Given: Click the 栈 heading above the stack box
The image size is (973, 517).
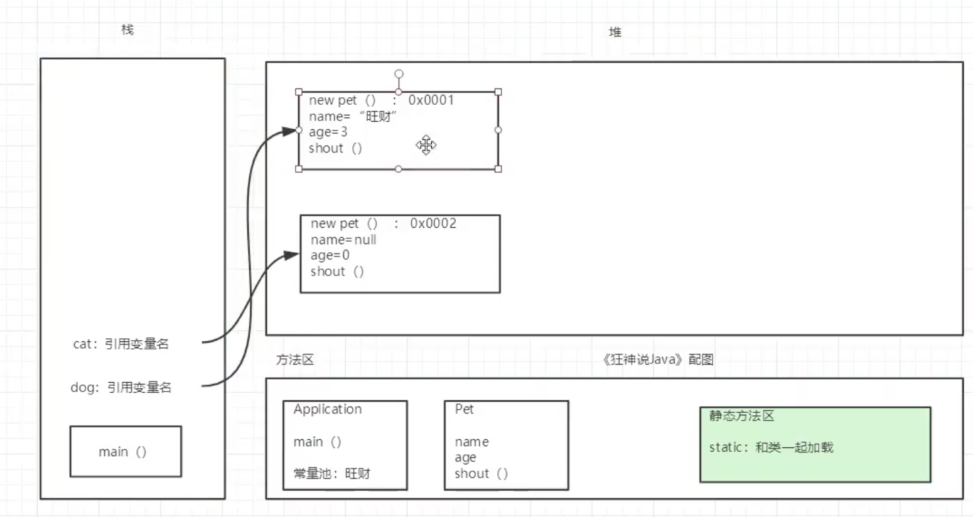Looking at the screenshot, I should pyautogui.click(x=127, y=29).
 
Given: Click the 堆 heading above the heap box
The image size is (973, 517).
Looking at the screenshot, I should pyautogui.click(x=615, y=32).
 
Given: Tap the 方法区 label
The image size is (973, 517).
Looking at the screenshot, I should pyautogui.click(x=294, y=360).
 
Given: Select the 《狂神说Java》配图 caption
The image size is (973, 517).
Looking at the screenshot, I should pyautogui.click(x=657, y=360).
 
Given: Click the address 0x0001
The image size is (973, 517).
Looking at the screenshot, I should pyautogui.click(x=431, y=100).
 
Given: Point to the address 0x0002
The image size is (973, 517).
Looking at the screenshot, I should pyautogui.click(x=433, y=223).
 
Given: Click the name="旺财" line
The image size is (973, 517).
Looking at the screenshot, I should pyautogui.click(x=352, y=116).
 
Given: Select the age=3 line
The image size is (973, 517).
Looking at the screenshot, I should pyautogui.click(x=328, y=132).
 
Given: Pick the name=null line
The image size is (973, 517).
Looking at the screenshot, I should pyautogui.click(x=343, y=240).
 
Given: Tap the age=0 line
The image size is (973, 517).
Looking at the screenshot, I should pyautogui.click(x=330, y=255).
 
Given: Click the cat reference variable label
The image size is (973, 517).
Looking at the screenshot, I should pyautogui.click(x=121, y=344).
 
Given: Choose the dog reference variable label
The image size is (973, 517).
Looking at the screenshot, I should pyautogui.click(x=121, y=388).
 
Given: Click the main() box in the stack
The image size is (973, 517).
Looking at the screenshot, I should pyautogui.click(x=126, y=452).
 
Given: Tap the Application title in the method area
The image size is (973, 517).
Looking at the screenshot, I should pyautogui.click(x=328, y=409).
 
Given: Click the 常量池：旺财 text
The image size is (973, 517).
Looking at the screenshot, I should pyautogui.click(x=332, y=474).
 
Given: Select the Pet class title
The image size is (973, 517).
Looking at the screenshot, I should pyautogui.click(x=464, y=409).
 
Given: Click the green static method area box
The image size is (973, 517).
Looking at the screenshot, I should pyautogui.click(x=815, y=444).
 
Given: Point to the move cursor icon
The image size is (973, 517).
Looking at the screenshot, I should pyautogui.click(x=426, y=145).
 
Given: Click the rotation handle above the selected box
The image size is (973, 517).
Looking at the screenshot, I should pyautogui.click(x=399, y=74).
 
